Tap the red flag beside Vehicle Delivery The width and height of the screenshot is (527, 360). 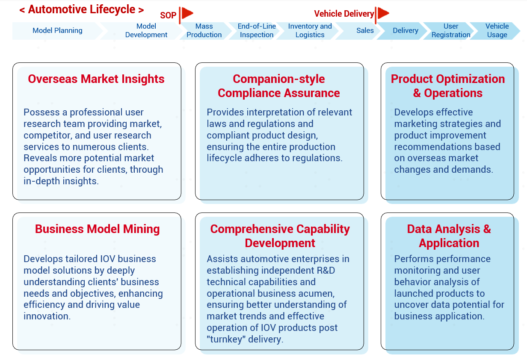pyautogui.click(x=382, y=14)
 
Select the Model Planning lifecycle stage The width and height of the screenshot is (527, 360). pyautogui.click(x=57, y=30)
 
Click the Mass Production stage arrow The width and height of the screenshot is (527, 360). pyautogui.click(x=204, y=30)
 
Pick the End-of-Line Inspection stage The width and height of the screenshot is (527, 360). pyautogui.click(x=257, y=30)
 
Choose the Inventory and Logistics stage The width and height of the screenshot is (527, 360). pyautogui.click(x=310, y=30)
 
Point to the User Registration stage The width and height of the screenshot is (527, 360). pyautogui.click(x=451, y=30)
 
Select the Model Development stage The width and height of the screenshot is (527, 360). pyautogui.click(x=146, y=30)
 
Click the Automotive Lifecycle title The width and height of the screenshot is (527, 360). pyautogui.click(x=81, y=10)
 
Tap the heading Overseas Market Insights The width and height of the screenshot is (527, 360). pyautogui.click(x=96, y=79)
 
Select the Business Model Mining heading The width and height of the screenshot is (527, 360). pyautogui.click(x=97, y=229)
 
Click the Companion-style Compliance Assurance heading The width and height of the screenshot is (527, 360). pyautogui.click(x=279, y=86)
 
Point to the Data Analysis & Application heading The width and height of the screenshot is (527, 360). pyautogui.click(x=449, y=236)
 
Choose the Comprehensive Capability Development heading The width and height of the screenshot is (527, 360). pyautogui.click(x=280, y=236)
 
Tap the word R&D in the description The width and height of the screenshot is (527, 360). pyautogui.click(x=326, y=270)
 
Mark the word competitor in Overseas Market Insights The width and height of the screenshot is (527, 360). pyautogui.click(x=47, y=136)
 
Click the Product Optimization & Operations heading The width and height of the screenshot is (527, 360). pyautogui.click(x=448, y=86)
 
